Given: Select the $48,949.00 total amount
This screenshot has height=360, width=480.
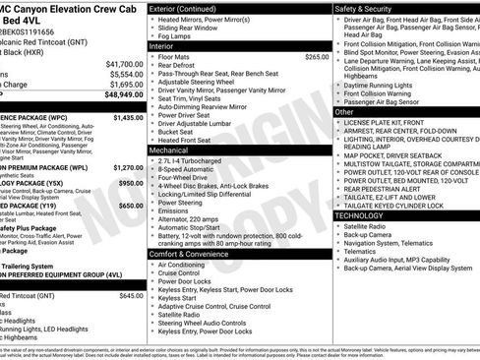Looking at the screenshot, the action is pyautogui.click(x=121, y=96).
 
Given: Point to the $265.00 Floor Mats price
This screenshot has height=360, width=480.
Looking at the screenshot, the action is pyautogui.click(x=317, y=57).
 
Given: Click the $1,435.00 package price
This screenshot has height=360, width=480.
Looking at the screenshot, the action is pyautogui.click(x=128, y=117).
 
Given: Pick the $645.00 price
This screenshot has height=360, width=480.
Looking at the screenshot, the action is pyautogui.click(x=131, y=295).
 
